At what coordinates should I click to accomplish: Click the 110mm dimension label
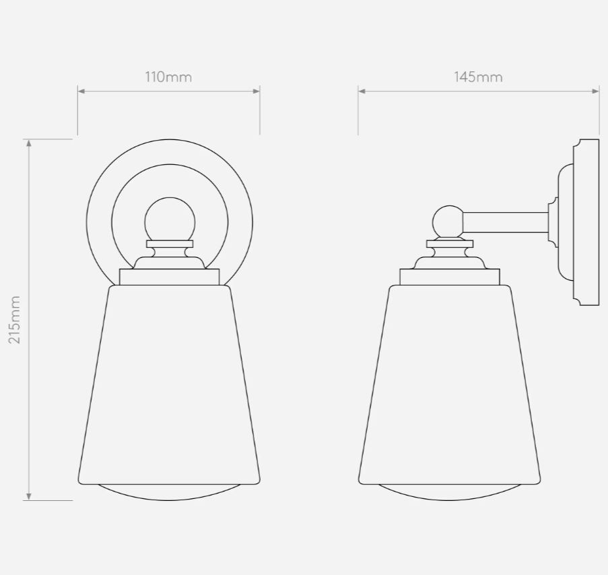click(x=169, y=77)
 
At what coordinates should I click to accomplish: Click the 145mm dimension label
click(x=479, y=77)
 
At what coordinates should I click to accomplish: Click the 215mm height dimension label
click(x=14, y=320)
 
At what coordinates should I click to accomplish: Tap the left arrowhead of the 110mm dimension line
click(x=81, y=91)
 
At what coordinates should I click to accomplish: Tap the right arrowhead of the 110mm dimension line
click(x=257, y=91)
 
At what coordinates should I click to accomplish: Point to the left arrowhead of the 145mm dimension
click(x=362, y=91)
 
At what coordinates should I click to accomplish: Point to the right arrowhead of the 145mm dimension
click(x=596, y=91)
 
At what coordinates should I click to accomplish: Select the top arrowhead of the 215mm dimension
click(x=29, y=143)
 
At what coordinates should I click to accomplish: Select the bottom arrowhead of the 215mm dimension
click(x=29, y=497)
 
